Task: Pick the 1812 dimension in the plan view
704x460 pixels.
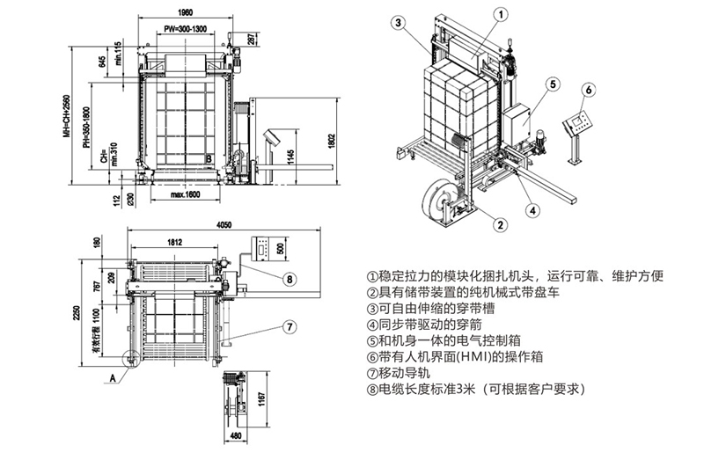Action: (x=172, y=240)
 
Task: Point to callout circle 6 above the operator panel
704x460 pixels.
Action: (x=590, y=89)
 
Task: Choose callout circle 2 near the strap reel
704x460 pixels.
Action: (x=499, y=224)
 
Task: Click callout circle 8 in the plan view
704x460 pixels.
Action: (x=290, y=280)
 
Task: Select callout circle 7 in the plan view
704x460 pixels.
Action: (x=289, y=326)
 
